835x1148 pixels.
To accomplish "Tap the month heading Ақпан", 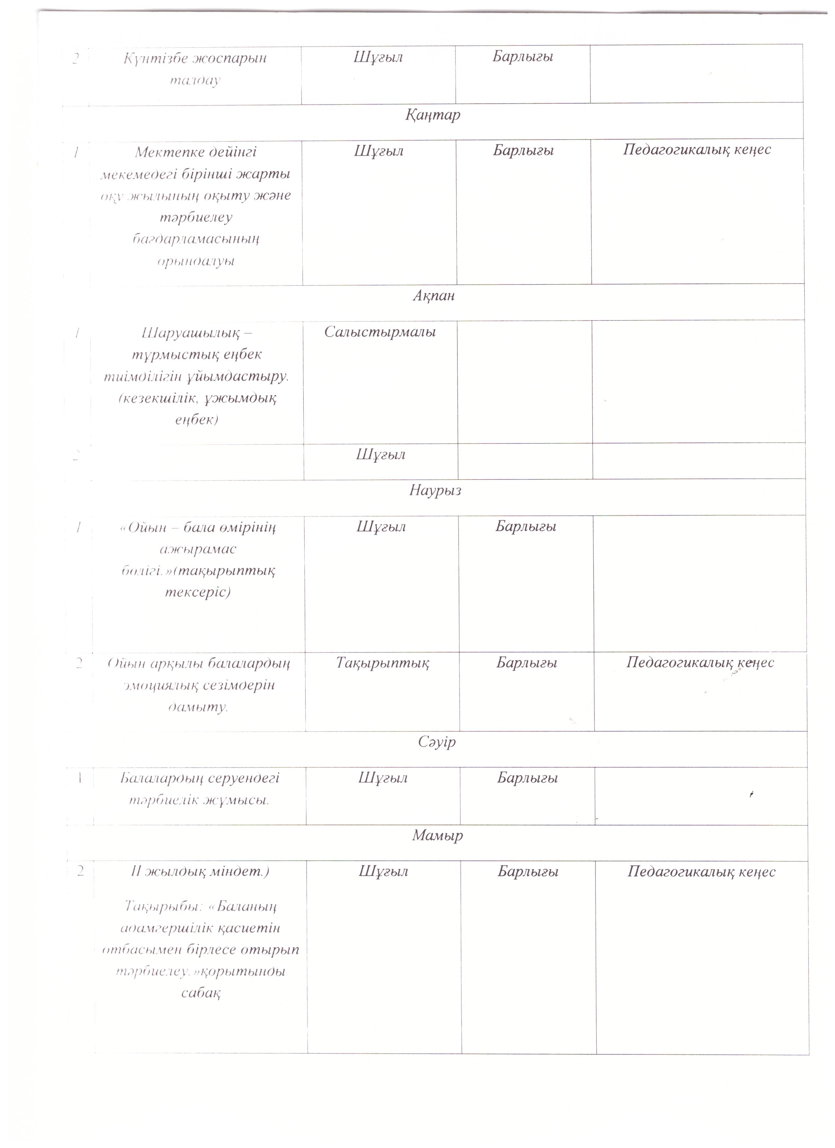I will click(434, 296).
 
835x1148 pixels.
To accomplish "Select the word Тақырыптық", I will click(383, 663).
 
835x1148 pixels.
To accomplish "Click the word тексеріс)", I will click(198, 592).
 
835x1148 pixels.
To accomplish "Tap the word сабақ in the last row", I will click(201, 993).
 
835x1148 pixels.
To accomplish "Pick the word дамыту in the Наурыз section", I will click(198, 707).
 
